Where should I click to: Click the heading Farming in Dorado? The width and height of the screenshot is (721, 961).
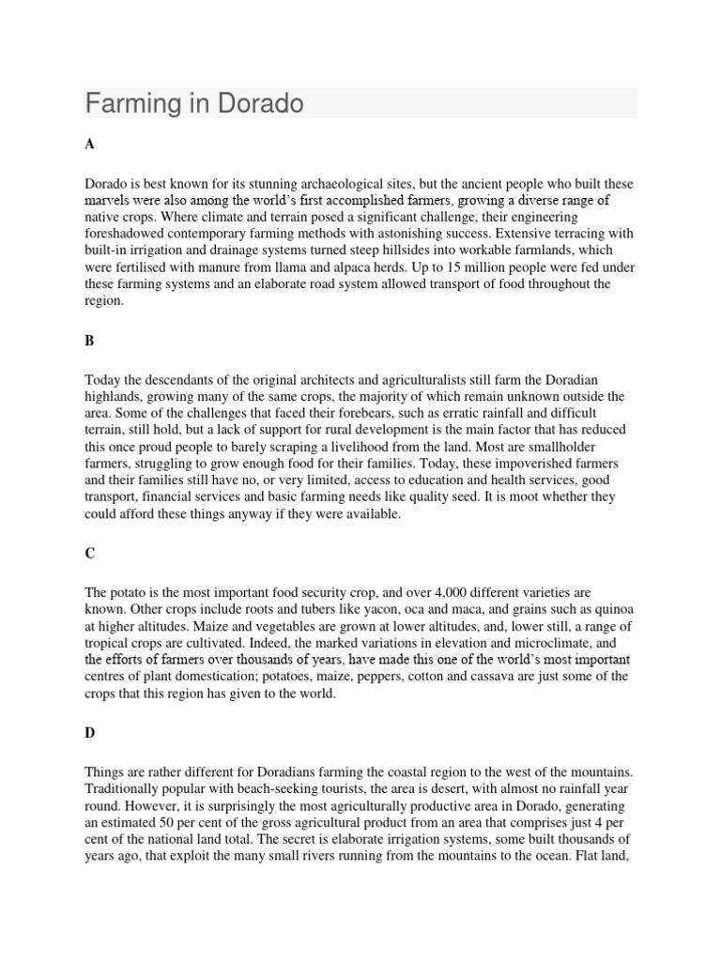[194, 103]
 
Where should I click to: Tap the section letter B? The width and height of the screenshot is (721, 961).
[90, 342]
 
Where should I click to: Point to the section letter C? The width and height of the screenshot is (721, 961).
[90, 555]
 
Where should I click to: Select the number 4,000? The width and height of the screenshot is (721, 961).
[444, 593]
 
